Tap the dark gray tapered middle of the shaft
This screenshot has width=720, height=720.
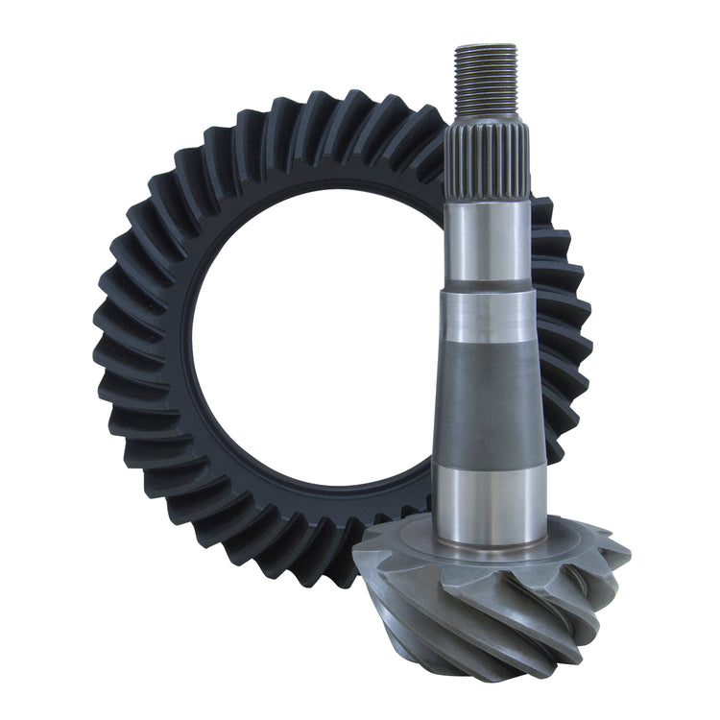pos(488,394)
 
